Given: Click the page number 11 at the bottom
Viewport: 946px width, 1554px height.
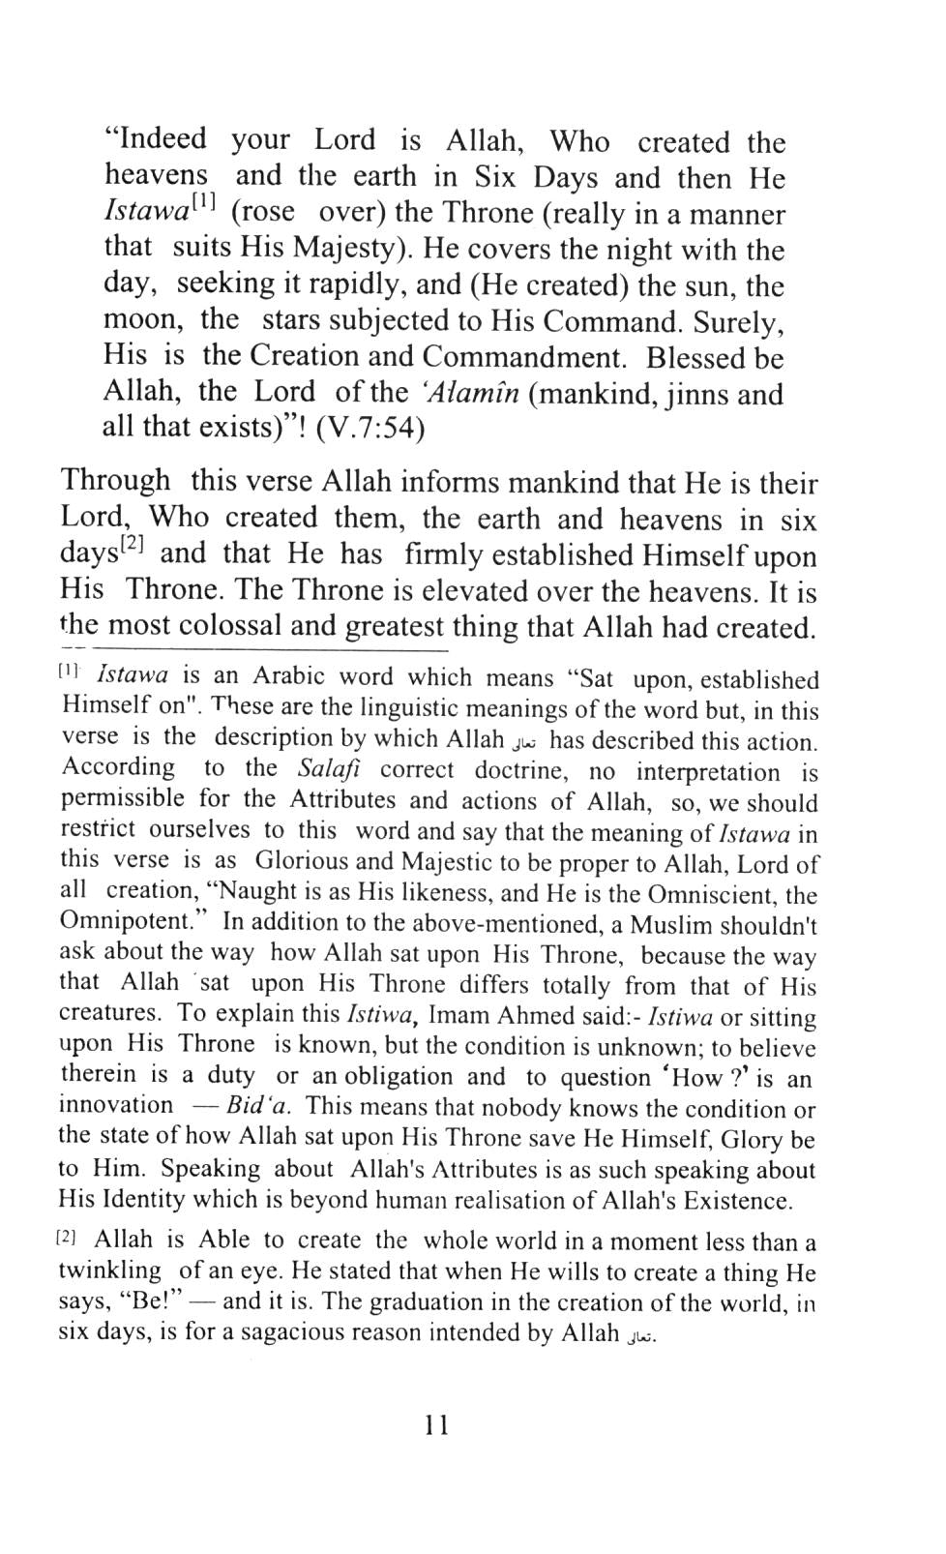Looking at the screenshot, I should tap(435, 1425).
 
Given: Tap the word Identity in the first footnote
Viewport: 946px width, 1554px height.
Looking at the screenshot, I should tap(145, 1200).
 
